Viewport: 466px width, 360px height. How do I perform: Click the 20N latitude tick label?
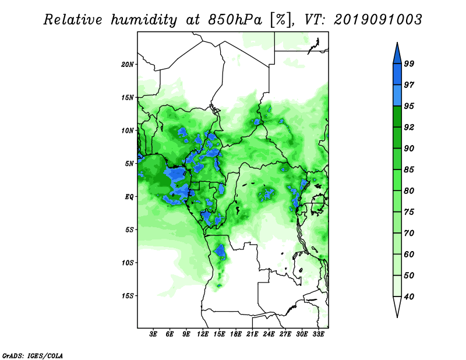point(128,64)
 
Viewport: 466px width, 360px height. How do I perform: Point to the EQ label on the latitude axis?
point(129,197)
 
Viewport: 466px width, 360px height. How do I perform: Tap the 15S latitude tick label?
point(128,296)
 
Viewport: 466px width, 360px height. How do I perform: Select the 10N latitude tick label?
point(128,130)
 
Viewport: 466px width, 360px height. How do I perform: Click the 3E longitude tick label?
point(153,334)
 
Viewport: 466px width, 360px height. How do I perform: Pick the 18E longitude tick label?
point(236,334)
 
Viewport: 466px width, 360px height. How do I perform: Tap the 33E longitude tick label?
point(318,334)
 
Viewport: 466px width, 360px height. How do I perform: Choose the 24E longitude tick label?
point(269,334)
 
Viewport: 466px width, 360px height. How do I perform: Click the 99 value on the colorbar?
point(409,63)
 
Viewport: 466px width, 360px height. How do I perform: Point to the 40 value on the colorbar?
point(409,297)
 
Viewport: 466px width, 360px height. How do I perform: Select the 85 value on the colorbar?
point(409,170)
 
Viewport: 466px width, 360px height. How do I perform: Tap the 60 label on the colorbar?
point(409,254)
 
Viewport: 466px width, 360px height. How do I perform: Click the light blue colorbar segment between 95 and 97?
point(397,96)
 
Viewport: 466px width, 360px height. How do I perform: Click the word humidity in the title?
point(144,20)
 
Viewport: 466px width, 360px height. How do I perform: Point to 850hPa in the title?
point(235,20)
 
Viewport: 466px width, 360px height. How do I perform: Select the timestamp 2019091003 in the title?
point(377,20)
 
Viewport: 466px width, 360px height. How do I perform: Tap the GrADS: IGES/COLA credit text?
point(33,355)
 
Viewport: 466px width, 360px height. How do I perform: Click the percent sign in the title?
point(280,20)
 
